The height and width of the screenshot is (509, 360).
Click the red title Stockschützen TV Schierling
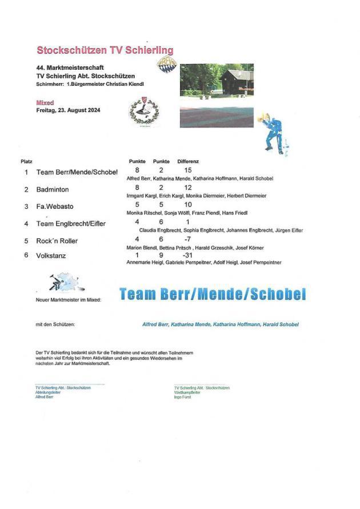coord(105,50)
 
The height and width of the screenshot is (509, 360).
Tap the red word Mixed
coord(45,103)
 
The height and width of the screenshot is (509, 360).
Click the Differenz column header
coord(188,162)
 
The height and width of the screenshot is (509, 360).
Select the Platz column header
coord(26,162)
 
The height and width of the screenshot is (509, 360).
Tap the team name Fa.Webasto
coord(55,206)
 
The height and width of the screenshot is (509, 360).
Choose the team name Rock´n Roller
coord(57,241)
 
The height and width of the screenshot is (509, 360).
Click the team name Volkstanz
coord(51,256)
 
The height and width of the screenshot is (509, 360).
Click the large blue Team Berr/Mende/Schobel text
coord(213,295)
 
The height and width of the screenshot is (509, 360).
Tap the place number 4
coord(26,224)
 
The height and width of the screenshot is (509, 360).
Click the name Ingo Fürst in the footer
coord(183,397)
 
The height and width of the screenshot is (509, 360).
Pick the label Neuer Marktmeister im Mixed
coord(68,299)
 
